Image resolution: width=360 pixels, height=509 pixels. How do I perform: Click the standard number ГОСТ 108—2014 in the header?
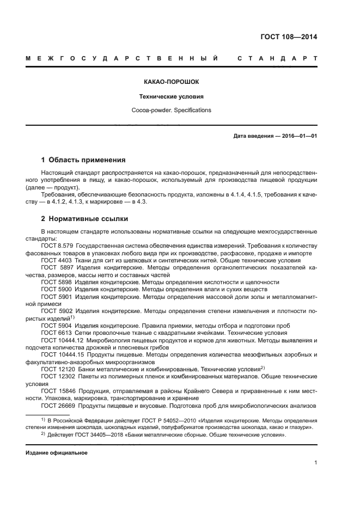pyautogui.click(x=289, y=37)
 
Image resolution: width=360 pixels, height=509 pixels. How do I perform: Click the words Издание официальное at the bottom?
pyautogui.click(x=56, y=453)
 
